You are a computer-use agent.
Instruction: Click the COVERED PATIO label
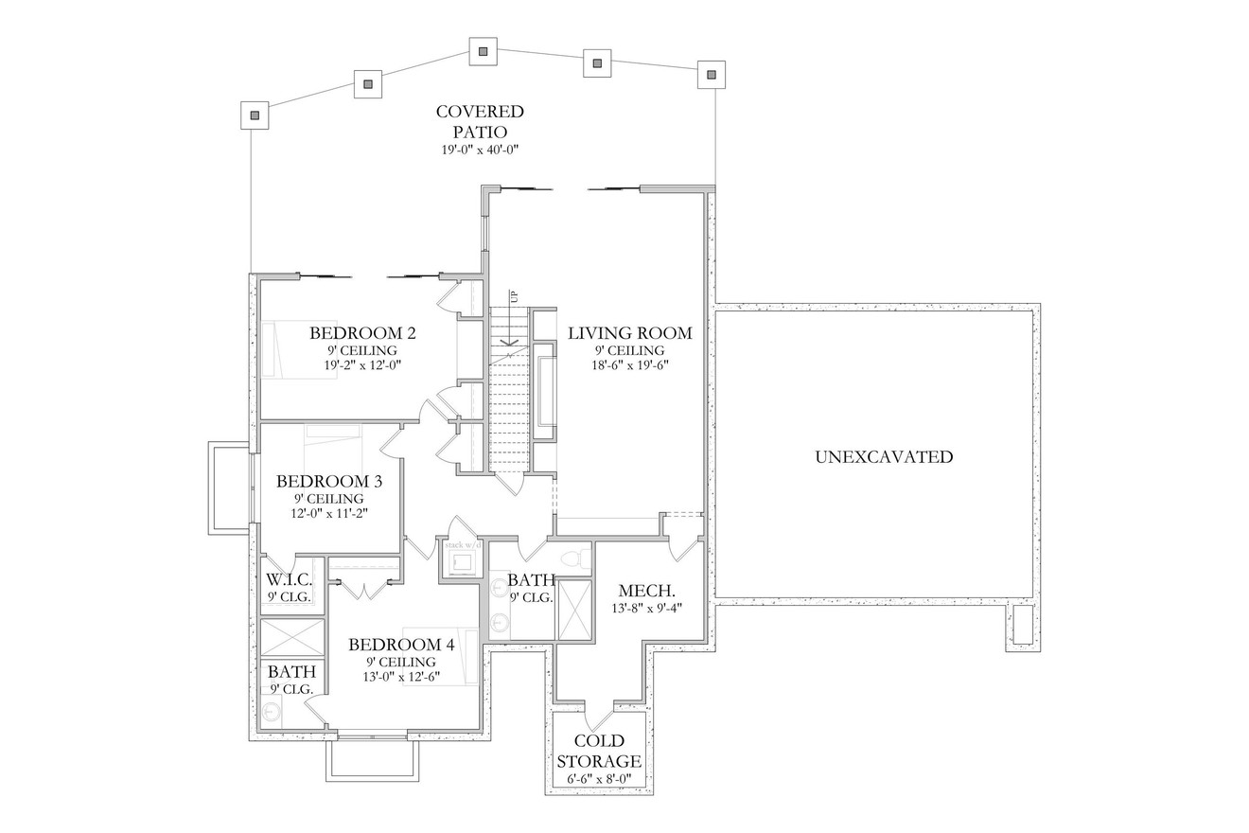(x=480, y=121)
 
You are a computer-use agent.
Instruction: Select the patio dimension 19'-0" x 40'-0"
(x=480, y=150)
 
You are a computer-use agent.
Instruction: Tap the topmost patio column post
(x=484, y=51)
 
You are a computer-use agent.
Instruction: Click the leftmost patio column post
(x=254, y=115)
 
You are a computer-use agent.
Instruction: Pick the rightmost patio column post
(x=711, y=74)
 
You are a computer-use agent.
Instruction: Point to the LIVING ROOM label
(x=629, y=333)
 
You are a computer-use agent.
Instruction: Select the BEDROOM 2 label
(x=362, y=333)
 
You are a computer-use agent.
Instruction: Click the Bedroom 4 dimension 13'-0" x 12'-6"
(x=401, y=676)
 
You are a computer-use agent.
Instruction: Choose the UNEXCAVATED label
(x=884, y=457)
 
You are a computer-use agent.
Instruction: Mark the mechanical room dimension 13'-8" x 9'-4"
(x=645, y=609)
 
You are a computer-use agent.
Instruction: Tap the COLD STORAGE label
(x=599, y=752)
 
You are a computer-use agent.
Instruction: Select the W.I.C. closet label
(x=289, y=579)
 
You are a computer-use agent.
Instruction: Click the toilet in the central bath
(x=573, y=558)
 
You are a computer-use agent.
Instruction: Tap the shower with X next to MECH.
(x=573, y=610)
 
